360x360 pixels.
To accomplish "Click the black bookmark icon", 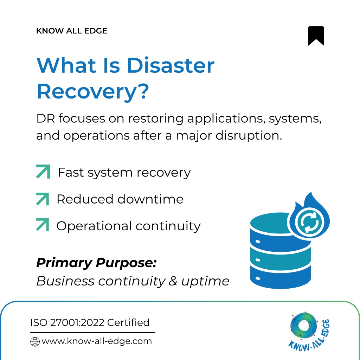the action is click(x=316, y=36).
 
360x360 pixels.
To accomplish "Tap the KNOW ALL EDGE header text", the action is click(x=72, y=31).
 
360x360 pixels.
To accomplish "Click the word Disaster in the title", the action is click(x=171, y=65).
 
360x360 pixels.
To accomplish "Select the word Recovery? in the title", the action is click(x=93, y=92).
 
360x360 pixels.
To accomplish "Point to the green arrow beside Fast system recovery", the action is click(x=43, y=172).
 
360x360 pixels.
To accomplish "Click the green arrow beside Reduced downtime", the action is click(x=43, y=199).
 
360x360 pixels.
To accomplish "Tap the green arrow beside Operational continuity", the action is click(x=43, y=224).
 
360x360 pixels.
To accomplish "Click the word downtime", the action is click(x=150, y=199).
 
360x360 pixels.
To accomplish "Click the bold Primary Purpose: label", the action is click(x=96, y=263).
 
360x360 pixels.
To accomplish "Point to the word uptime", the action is click(x=205, y=282).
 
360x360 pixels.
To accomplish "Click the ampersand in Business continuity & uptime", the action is click(x=173, y=281).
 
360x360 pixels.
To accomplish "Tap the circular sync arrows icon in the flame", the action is click(x=309, y=223).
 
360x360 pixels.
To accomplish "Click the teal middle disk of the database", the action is click(x=280, y=260).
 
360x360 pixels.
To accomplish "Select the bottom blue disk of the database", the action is click(x=280, y=277).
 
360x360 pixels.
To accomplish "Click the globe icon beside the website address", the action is click(x=35, y=342).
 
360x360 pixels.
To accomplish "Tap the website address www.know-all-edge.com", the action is click(x=97, y=341).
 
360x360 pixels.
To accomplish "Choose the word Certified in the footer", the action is click(x=128, y=323).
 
